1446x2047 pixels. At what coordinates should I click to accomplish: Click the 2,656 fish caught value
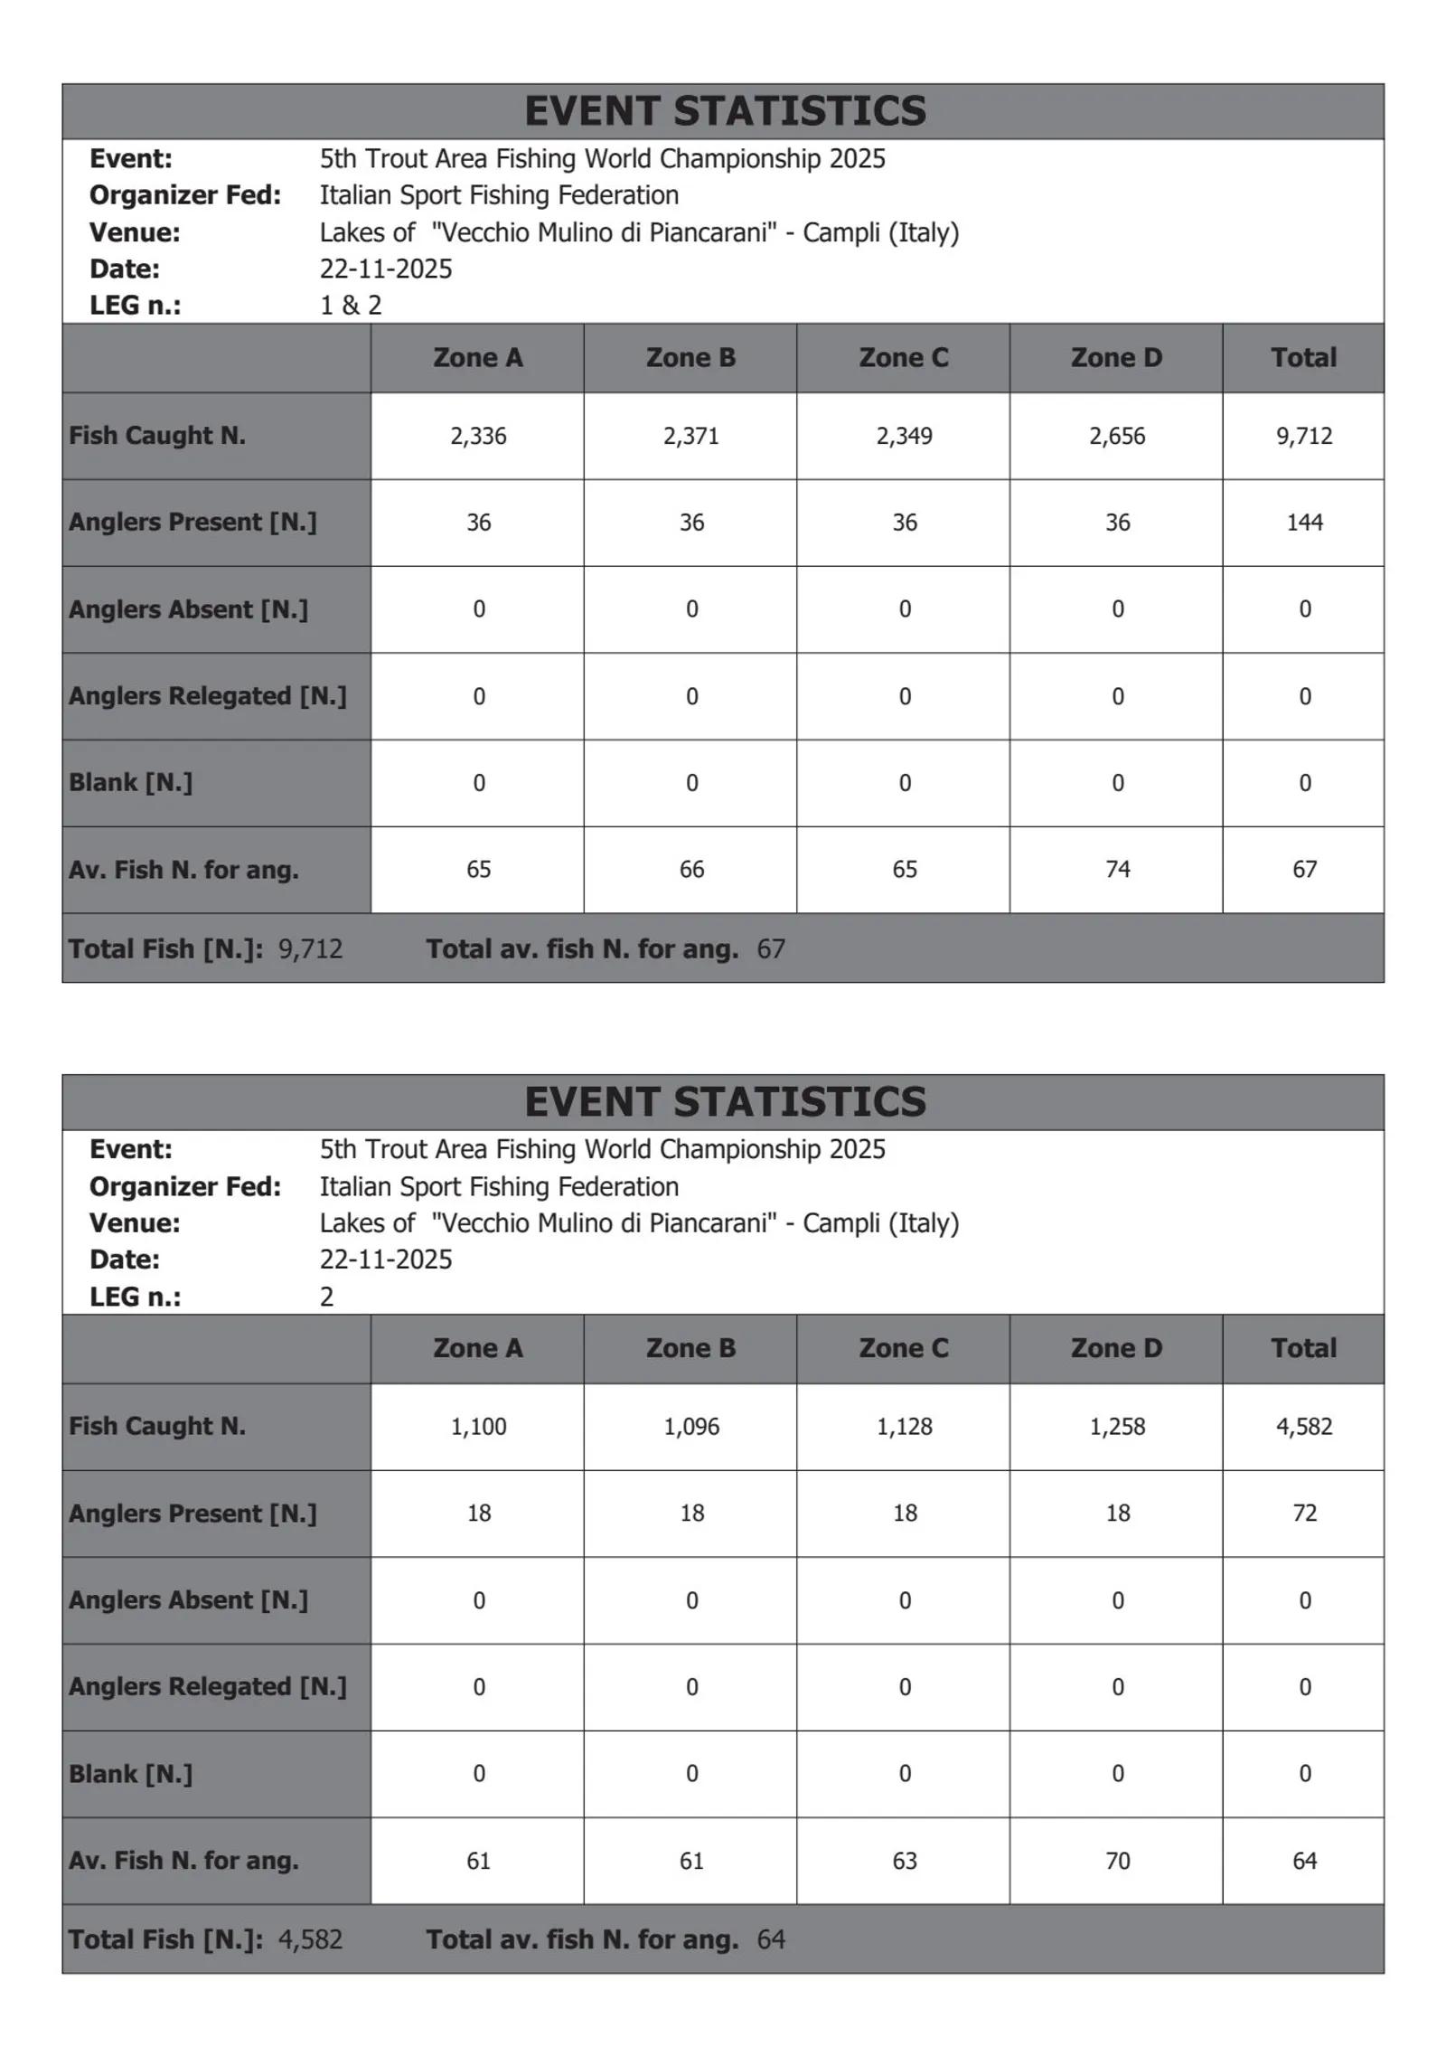click(x=1116, y=436)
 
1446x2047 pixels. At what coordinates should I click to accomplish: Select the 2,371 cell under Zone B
click(x=690, y=436)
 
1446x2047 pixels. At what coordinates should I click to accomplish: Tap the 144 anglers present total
click(x=1303, y=523)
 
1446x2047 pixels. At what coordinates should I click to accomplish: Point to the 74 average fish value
click(x=1116, y=869)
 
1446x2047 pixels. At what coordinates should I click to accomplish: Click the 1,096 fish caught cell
click(x=690, y=1426)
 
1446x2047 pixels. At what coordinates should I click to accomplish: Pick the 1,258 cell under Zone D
click(x=1116, y=1426)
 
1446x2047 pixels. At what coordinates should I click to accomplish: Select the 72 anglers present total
click(x=1303, y=1513)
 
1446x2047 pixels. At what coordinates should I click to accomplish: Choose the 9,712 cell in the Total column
click(x=1303, y=436)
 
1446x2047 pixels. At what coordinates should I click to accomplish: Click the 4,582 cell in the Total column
click(x=1303, y=1426)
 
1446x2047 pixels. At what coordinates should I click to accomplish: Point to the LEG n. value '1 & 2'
click(x=351, y=306)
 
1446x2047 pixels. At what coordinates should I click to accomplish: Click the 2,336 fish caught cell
click(x=478, y=436)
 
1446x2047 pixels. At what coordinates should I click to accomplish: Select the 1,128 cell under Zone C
click(x=904, y=1426)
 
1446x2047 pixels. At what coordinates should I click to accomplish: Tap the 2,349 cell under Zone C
click(x=904, y=436)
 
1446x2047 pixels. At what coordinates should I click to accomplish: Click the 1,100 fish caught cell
click(x=478, y=1426)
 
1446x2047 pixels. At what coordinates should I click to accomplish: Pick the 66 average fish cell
click(x=690, y=869)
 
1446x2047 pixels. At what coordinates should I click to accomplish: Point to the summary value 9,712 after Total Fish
click(x=310, y=948)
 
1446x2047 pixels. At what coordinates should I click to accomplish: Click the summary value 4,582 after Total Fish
click(x=310, y=1939)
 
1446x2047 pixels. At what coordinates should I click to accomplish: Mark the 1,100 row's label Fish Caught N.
click(x=157, y=1426)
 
